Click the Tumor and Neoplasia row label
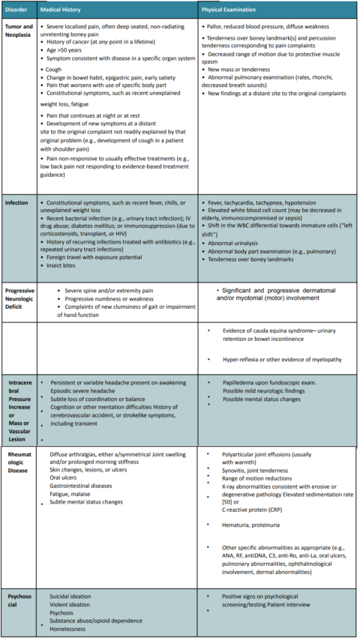pos(18,31)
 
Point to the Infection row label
pos(16,203)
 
